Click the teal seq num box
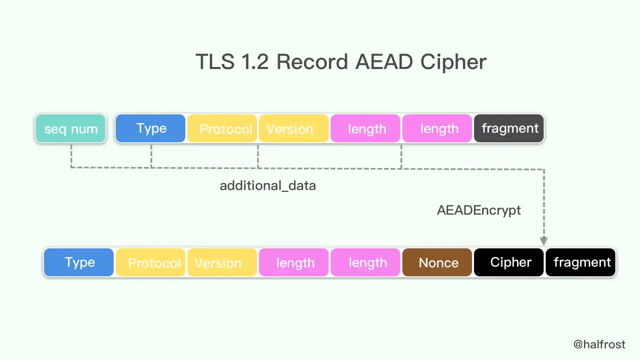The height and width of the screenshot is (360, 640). [70, 128]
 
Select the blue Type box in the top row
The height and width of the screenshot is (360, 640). [150, 128]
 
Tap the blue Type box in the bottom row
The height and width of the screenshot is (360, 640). [79, 262]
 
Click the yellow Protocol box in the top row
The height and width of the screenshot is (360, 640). [222, 128]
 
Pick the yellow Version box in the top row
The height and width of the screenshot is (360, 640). [293, 128]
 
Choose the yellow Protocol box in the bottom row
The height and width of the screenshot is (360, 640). [150, 262]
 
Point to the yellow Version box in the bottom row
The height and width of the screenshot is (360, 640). [222, 262]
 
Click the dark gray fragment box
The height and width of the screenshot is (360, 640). [509, 128]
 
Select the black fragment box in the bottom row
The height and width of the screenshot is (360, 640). [580, 262]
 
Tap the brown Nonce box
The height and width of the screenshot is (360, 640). [437, 262]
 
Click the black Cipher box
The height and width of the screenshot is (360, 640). [509, 262]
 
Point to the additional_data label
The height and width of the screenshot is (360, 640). [268, 186]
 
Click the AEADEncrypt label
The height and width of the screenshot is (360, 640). [479, 210]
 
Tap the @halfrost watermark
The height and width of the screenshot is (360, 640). [599, 344]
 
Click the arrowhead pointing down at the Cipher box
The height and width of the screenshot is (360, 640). [544, 241]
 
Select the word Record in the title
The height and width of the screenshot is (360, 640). [312, 62]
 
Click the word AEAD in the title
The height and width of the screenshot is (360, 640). [384, 62]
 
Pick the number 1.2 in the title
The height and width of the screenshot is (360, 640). [255, 62]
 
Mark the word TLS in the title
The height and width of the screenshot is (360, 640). [215, 62]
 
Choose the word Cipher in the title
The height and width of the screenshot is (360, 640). [453, 62]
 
